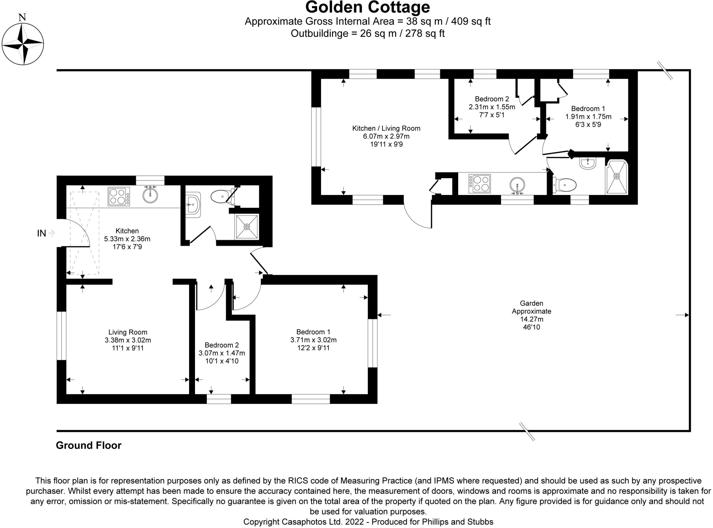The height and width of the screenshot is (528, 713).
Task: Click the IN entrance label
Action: pos(41,233)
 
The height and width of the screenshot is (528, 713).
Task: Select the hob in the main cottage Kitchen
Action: pos(119,196)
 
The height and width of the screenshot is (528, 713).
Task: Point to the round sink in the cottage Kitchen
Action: pos(150,195)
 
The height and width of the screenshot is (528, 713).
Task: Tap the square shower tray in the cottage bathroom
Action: pos(247,227)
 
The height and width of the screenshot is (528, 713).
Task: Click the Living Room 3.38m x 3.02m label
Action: pos(128,340)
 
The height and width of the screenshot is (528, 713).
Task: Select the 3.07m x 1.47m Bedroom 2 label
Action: pos(222,353)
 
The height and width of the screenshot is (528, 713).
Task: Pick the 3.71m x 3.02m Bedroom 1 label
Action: pos(313,340)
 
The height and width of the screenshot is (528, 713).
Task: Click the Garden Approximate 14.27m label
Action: pos(531,315)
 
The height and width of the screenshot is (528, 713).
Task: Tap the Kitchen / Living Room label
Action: pos(386,136)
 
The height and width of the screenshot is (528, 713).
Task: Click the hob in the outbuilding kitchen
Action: pos(480,184)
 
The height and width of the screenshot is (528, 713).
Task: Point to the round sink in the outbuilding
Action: pos(517,185)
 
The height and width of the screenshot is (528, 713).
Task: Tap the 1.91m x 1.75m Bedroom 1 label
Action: pos(588,117)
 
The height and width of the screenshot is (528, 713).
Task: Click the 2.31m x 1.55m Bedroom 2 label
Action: pos(492,107)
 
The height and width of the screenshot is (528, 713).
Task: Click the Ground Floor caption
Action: pos(88,445)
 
